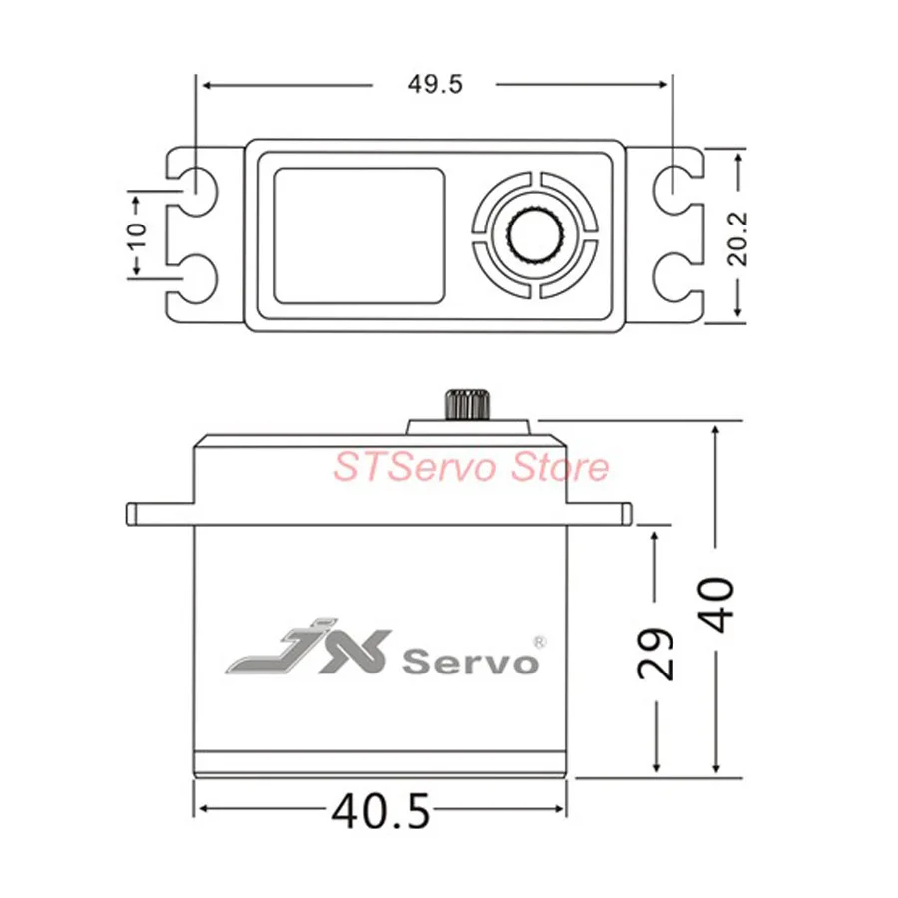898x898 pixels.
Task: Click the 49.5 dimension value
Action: click(x=434, y=85)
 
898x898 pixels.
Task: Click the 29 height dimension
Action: click(x=655, y=653)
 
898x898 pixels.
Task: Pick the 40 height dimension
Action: click(x=717, y=602)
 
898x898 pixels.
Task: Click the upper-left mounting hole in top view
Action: click(x=196, y=183)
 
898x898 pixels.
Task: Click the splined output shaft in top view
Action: click(x=536, y=233)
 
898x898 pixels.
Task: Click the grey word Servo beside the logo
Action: click(x=469, y=661)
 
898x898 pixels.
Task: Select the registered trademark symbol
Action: click(x=538, y=640)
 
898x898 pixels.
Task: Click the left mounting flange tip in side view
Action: click(x=132, y=513)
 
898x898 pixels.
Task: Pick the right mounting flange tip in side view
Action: click(x=627, y=513)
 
